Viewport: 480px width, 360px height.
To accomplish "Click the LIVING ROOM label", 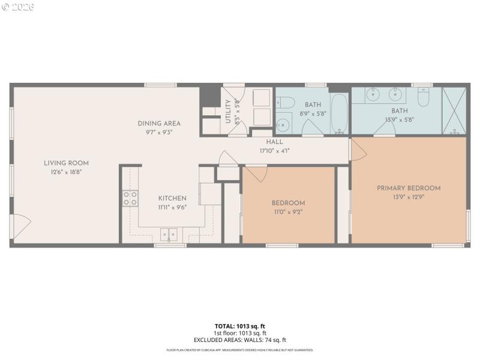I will [x=66, y=163].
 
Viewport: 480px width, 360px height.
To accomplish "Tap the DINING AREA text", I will [x=158, y=124].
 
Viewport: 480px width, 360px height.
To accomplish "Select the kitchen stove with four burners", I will [x=130, y=198].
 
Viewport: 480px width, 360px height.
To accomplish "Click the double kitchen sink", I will [x=169, y=234].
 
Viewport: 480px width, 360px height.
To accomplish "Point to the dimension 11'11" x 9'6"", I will [x=172, y=207].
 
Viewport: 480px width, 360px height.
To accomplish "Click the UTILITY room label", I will [x=228, y=112].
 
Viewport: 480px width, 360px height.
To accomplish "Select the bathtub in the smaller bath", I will [x=339, y=113].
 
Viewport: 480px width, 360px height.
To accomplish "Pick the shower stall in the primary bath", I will [x=454, y=110].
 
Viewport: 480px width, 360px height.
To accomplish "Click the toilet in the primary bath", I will [x=424, y=97].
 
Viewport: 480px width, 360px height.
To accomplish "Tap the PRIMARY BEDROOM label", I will [x=408, y=188].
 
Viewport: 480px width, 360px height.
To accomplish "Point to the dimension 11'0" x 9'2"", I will [x=288, y=212].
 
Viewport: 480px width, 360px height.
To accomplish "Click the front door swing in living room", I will [x=20, y=226].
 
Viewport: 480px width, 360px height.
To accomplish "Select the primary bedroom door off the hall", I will [x=358, y=150].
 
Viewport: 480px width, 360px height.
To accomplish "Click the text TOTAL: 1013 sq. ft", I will [x=240, y=326].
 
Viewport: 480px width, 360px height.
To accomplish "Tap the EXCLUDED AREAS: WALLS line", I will [x=240, y=340].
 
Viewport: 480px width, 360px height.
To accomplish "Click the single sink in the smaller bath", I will [x=283, y=125].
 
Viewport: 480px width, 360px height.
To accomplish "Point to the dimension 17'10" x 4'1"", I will [x=275, y=151].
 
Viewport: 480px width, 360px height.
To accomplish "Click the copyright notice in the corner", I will [x=18, y=7].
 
